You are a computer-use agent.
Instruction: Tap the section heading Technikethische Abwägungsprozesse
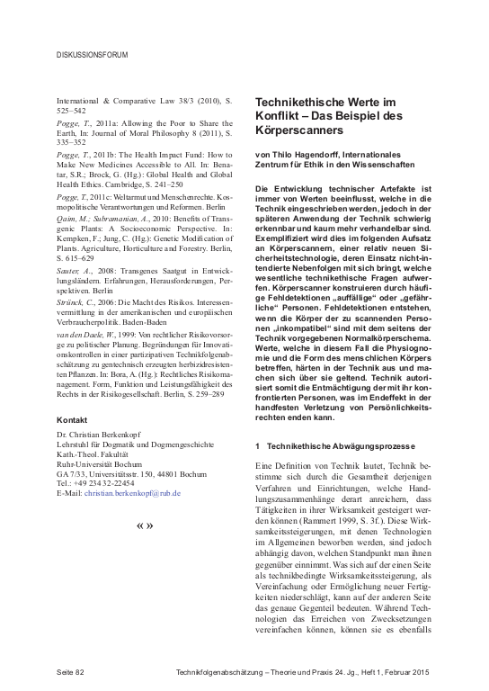[338, 446]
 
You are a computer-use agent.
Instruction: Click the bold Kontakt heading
[71, 420]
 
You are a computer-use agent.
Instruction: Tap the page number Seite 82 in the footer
[71, 672]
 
